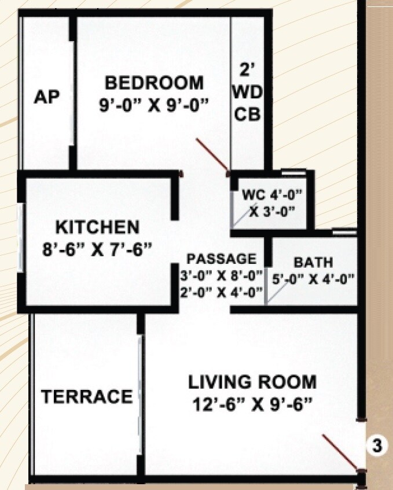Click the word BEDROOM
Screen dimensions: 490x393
154,83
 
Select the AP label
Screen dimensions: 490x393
46,97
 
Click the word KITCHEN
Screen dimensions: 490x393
97,226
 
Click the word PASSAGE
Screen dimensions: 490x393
221,259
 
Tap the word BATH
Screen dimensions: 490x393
313,262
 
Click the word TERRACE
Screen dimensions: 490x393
87,397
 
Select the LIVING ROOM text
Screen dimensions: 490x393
252,382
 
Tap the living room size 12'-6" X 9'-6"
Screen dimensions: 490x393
252,403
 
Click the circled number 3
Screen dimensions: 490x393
377,446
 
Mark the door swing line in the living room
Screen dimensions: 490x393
341,451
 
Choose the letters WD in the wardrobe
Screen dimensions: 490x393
247,93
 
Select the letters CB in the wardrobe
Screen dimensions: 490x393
247,114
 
